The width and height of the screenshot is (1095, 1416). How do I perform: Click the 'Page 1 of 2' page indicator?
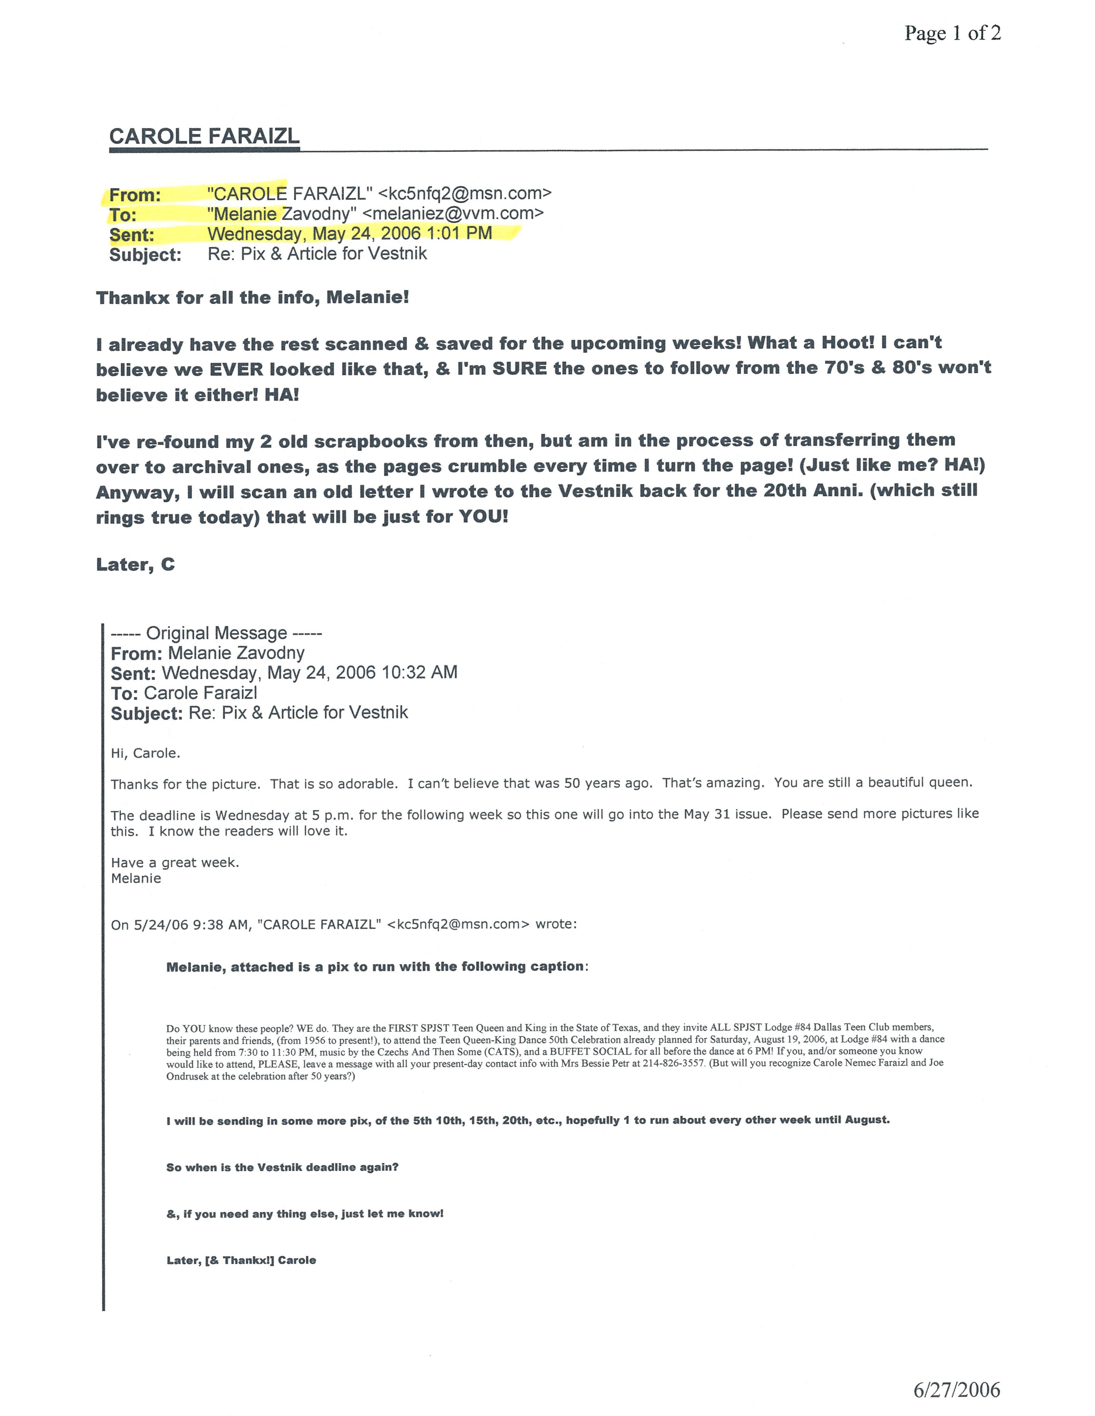point(952,33)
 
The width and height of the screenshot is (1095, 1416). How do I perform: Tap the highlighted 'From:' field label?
point(135,194)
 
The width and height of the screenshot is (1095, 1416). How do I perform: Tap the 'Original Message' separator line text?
point(217,633)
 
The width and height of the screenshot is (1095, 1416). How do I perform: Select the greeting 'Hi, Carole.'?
point(145,753)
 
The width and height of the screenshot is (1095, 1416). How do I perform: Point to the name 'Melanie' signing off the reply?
point(136,879)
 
